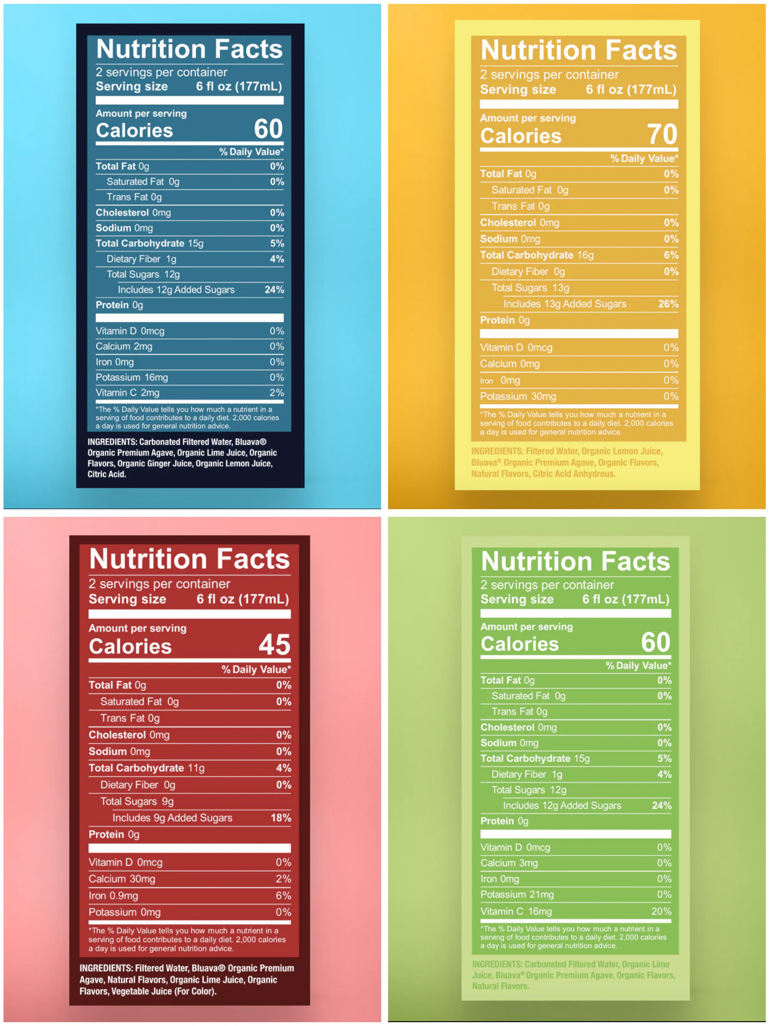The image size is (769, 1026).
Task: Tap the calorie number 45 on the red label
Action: [274, 645]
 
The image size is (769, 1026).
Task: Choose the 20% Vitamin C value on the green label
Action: [661, 911]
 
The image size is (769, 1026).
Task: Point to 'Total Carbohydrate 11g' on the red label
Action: [147, 768]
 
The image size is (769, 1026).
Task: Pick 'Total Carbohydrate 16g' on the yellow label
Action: [537, 255]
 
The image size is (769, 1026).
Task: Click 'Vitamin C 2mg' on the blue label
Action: [127, 393]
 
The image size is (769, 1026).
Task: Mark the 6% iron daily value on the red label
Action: [283, 896]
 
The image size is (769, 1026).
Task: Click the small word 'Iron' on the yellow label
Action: [486, 381]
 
